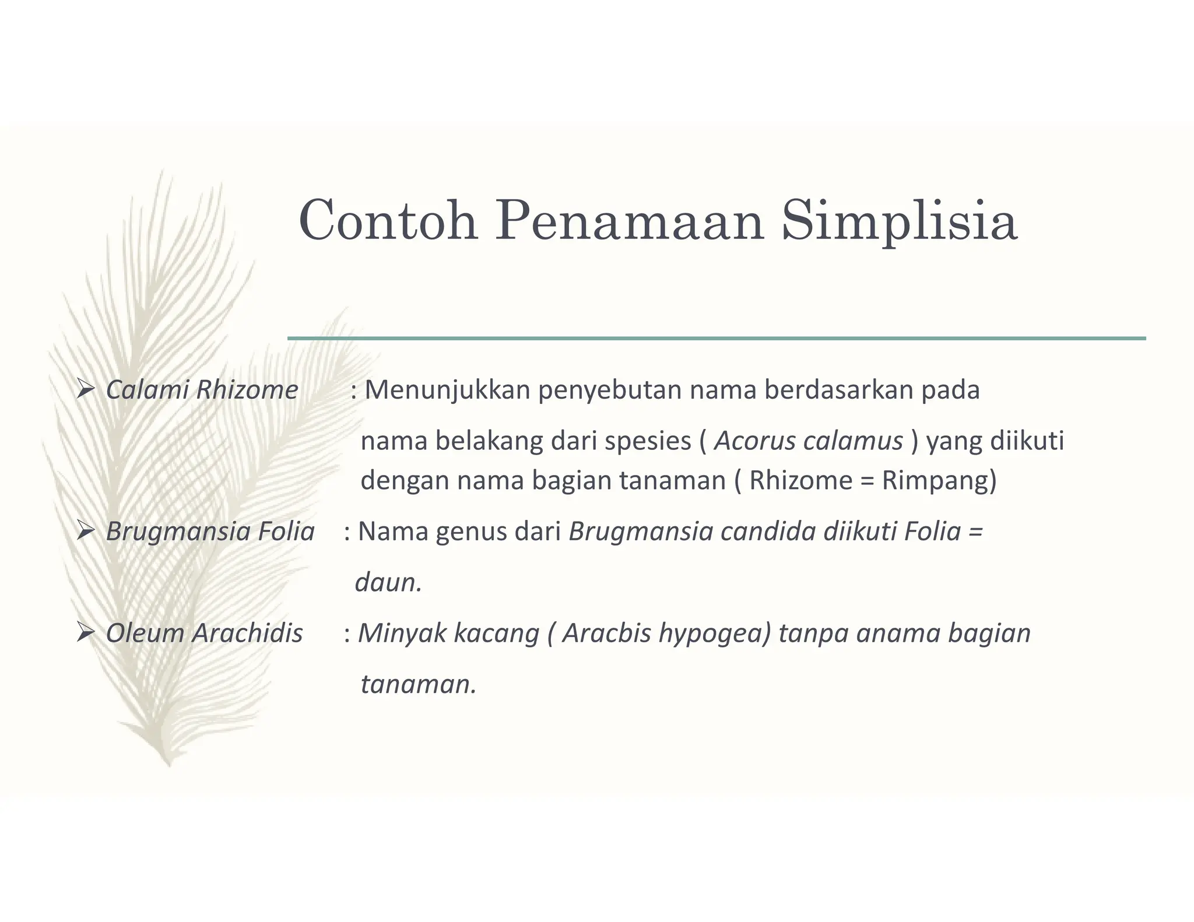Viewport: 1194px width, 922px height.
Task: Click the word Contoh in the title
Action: pyautogui.click(x=388, y=221)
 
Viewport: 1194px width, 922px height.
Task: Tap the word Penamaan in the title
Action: pyautogui.click(x=630, y=221)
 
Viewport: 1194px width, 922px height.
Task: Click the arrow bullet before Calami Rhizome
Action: pyautogui.click(x=85, y=389)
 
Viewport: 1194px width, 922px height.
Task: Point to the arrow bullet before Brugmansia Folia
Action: pyautogui.click(x=85, y=530)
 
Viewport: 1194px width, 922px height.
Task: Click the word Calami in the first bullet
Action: pyautogui.click(x=148, y=389)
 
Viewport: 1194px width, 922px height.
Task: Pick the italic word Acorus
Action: pyautogui.click(x=754, y=441)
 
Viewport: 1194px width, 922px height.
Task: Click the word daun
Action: pyautogui.click(x=387, y=582)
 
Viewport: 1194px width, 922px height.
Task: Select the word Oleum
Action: pyautogui.click(x=145, y=633)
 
